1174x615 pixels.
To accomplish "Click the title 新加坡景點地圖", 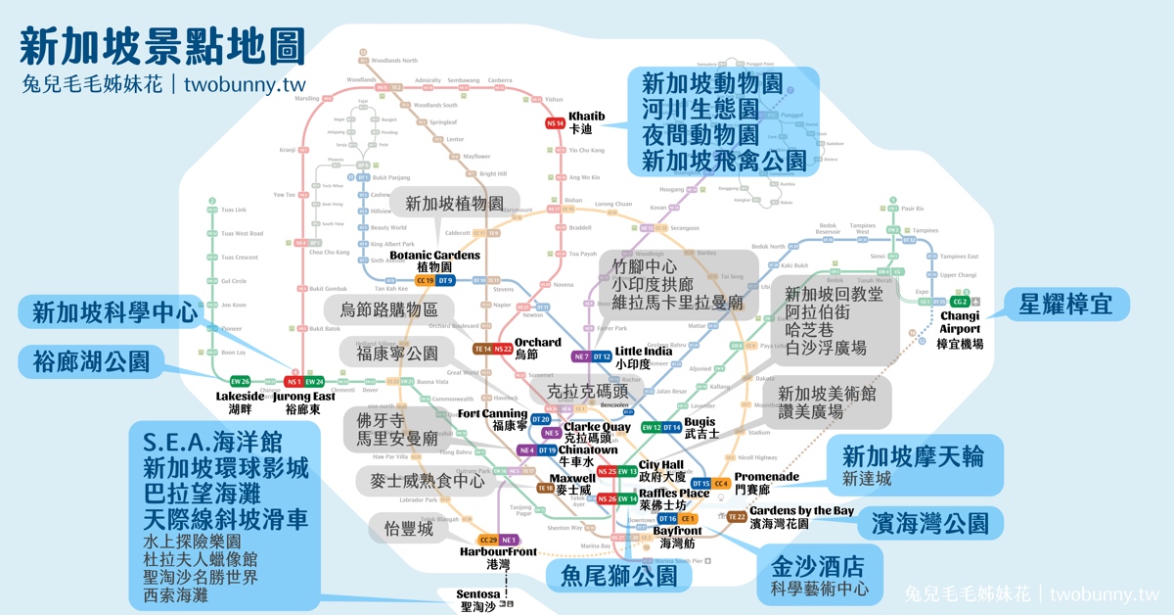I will pos(161,46).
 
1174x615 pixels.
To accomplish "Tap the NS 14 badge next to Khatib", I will pos(556,123).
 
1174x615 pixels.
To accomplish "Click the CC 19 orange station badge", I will pos(425,281).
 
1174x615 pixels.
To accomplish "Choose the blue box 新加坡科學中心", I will pos(114,312).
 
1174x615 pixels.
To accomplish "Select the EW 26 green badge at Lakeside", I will pos(241,381).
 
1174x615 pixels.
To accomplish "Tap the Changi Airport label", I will pos(960,329).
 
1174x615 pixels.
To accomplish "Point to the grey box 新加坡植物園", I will pos(454,205).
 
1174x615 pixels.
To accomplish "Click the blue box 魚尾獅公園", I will pos(618,575).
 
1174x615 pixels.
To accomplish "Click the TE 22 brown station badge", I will pos(736,517).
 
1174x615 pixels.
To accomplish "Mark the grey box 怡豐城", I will pos(407,528).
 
